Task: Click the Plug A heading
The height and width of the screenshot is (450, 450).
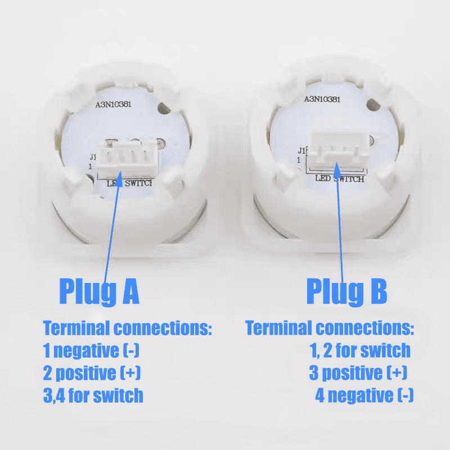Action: [100, 291]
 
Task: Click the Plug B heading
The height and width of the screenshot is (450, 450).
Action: [346, 291]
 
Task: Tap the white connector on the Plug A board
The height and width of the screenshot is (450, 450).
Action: [128, 159]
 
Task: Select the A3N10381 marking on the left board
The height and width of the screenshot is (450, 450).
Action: [114, 104]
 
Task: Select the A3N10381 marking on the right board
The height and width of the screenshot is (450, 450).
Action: [322, 99]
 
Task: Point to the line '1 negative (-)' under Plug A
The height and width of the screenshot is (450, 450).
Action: [91, 350]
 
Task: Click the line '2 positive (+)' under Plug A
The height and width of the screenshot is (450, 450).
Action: [92, 373]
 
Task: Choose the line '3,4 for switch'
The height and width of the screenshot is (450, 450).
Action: [93, 395]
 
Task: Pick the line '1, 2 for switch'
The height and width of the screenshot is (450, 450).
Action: [360, 350]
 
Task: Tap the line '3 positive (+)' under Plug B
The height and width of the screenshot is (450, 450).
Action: [358, 373]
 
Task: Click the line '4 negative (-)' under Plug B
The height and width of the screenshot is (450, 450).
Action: [364, 395]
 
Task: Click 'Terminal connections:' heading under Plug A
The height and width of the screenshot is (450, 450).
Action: [128, 328]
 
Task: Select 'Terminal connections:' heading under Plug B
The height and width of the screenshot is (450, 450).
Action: [330, 328]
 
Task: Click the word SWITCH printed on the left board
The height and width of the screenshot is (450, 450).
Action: [138, 183]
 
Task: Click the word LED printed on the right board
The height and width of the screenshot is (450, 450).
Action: [323, 178]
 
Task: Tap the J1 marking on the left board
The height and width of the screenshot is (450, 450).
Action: [93, 157]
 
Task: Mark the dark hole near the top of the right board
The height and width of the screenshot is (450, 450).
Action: [373, 105]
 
